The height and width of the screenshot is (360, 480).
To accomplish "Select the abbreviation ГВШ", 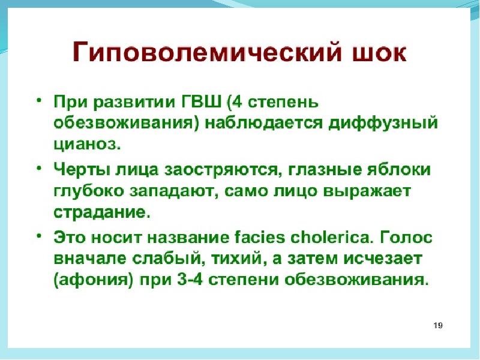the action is (x=202, y=101).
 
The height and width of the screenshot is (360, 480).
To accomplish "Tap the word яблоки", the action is (x=398, y=169).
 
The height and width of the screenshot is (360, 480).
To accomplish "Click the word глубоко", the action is (x=88, y=191).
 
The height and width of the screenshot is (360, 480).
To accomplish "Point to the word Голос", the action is (x=406, y=237).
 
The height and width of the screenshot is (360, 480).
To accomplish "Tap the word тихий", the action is (x=238, y=259).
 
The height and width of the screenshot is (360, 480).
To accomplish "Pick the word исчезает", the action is (x=383, y=259).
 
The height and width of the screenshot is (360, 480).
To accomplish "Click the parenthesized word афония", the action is (x=94, y=280).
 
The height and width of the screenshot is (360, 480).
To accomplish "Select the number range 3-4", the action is (x=190, y=279).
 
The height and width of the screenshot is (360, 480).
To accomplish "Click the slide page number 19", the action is (x=438, y=325).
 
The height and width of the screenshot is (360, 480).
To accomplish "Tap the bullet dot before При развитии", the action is (x=38, y=100).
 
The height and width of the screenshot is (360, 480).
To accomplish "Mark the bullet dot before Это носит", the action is (x=38, y=236).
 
